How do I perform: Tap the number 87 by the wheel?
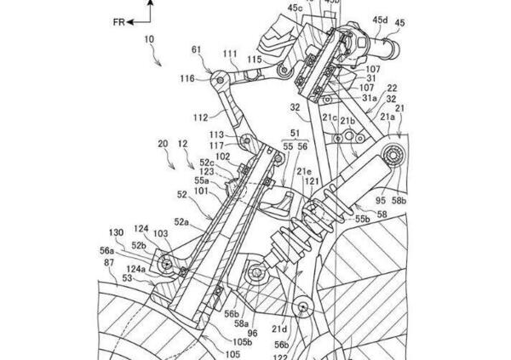point(110,266)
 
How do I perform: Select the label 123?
point(209,172)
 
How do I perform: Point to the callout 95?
point(379,202)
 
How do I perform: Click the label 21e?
point(303,170)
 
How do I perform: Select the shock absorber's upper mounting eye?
point(394,157)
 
